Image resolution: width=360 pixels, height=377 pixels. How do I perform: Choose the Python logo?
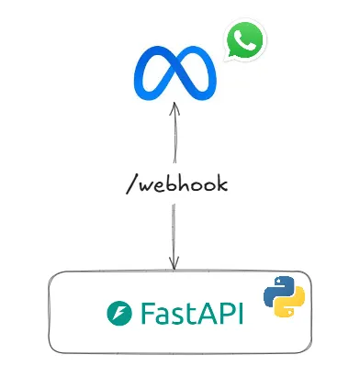pos(283,296)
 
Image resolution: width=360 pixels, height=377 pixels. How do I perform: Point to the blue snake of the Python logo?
pos(276,290)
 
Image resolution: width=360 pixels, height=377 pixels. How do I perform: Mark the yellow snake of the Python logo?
pos(289,304)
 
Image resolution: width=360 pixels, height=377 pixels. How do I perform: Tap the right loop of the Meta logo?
pos(197,73)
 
